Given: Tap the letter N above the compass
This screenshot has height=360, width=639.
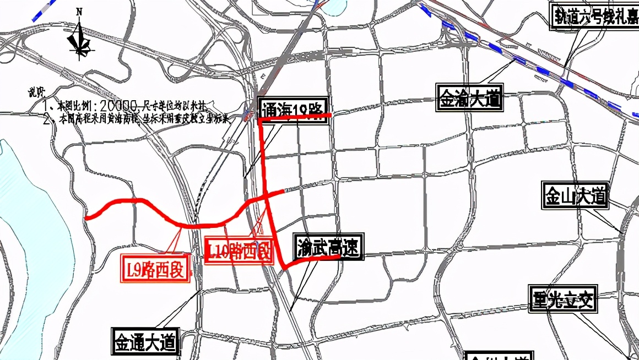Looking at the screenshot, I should [79, 11].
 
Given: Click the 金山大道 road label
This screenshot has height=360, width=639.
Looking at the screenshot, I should [575, 195].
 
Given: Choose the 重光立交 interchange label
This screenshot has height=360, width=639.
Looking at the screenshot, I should [562, 300].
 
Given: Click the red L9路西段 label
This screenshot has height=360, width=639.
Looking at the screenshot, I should [156, 269].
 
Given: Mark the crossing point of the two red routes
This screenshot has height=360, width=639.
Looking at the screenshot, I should [267, 196].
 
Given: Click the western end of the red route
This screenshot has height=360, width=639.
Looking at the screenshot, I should [87, 218].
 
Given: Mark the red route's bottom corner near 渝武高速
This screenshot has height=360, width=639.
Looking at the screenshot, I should [285, 268].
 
